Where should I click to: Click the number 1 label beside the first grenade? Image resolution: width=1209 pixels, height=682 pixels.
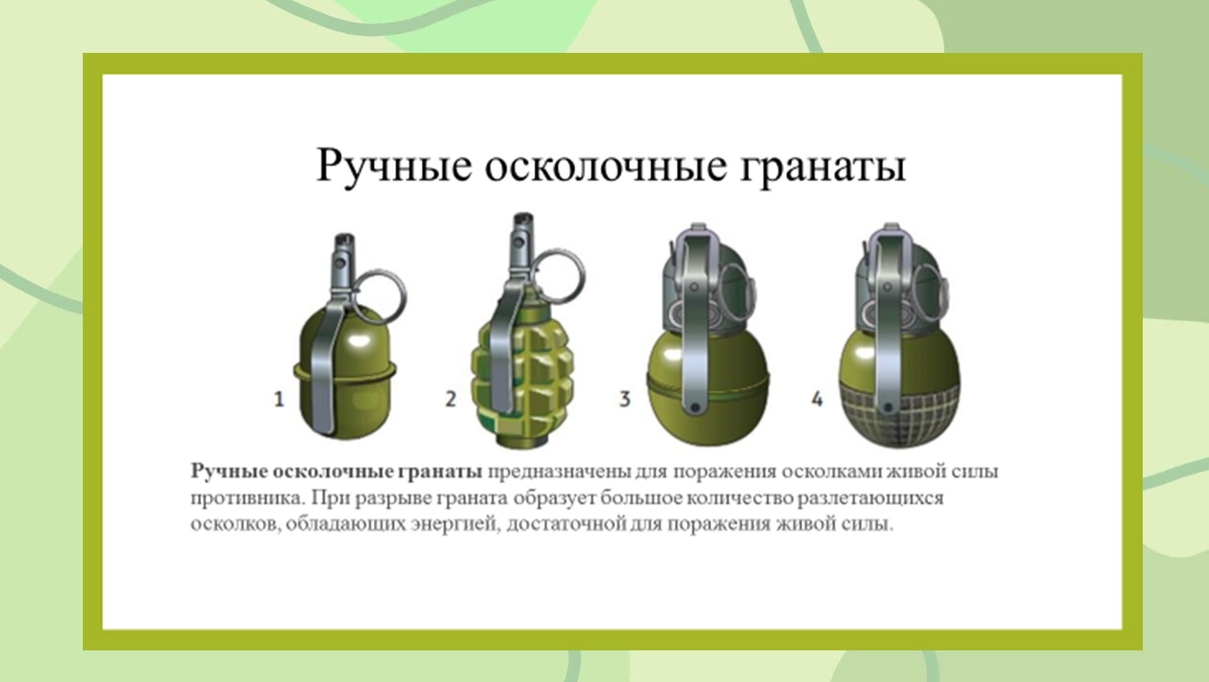pos(278,399)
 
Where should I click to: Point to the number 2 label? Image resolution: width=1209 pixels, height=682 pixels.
pos(450,399)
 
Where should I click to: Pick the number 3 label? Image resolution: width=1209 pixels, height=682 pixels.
pos(625,399)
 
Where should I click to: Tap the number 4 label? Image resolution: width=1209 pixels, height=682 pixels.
pos(817,399)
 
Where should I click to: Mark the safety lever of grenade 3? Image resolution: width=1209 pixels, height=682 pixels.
pos(695,324)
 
